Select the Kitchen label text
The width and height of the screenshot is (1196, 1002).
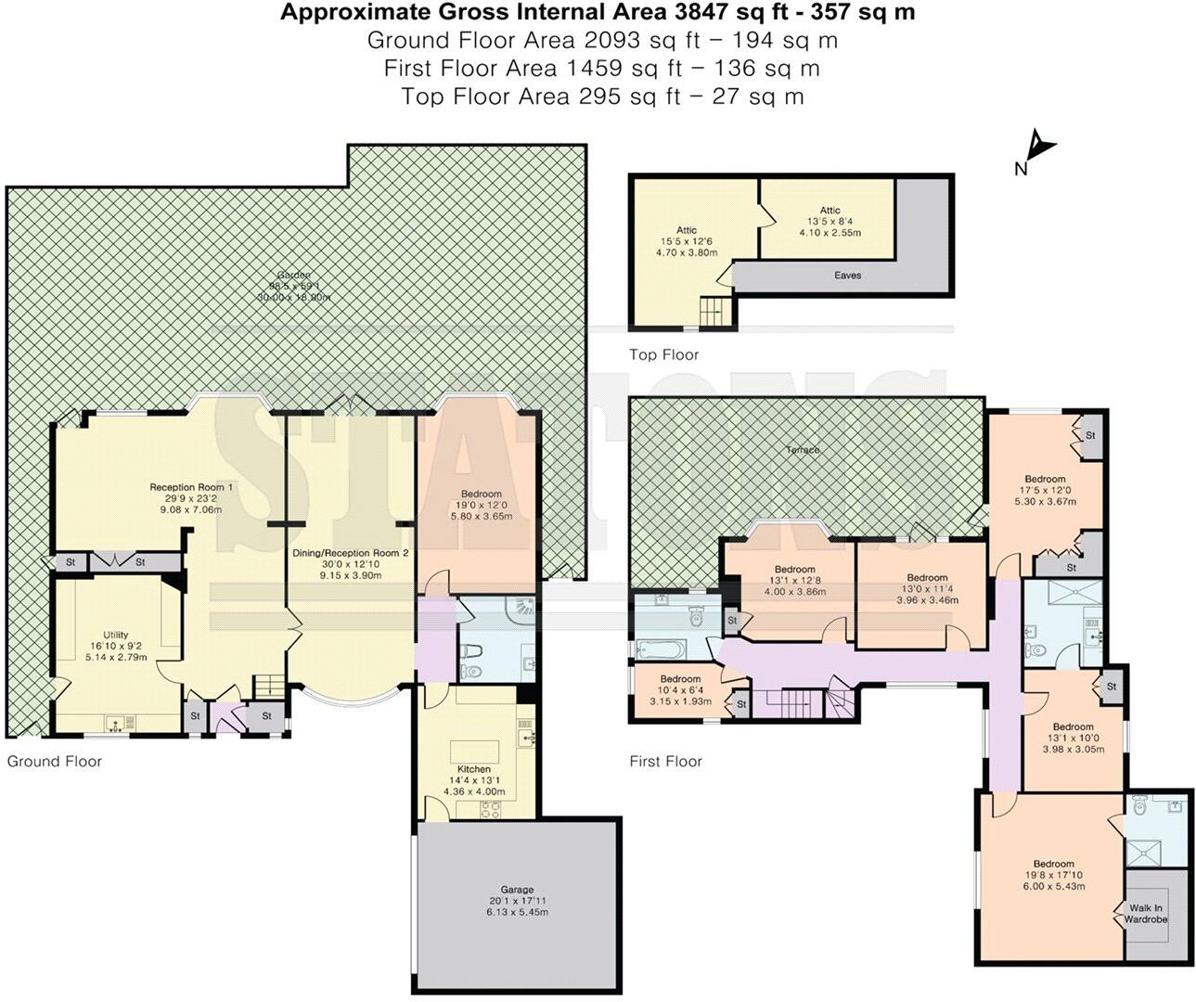[x=474, y=769]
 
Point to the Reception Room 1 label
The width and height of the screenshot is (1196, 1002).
[x=192, y=486]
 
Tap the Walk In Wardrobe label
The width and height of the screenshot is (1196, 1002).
[x=1146, y=914]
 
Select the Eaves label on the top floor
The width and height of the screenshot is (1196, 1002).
[x=847, y=276]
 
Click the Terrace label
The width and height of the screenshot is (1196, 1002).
[x=803, y=450]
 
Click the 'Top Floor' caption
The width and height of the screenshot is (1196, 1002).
[x=663, y=354]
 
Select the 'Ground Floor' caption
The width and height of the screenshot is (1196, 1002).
[x=55, y=762]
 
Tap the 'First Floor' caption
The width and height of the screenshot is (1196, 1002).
[x=665, y=762]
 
